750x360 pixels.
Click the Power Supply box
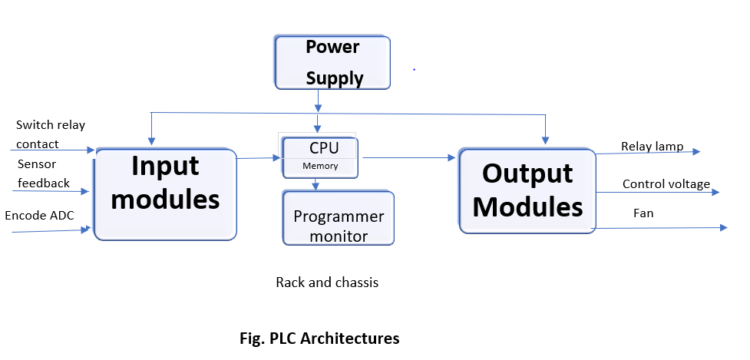click(x=333, y=62)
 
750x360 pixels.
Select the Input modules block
click(x=166, y=194)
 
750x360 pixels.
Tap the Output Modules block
click(x=527, y=191)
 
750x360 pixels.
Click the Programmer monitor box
click(x=339, y=218)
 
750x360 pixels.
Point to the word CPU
click(x=324, y=147)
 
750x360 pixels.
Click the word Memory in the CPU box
click(x=320, y=166)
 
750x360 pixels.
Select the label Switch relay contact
click(x=50, y=134)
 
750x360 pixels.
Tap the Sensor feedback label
click(x=44, y=173)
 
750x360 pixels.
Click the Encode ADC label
click(x=39, y=215)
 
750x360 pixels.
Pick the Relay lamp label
click(x=652, y=147)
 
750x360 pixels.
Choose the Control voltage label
click(x=666, y=184)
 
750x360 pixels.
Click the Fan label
click(x=643, y=213)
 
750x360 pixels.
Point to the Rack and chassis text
click(x=327, y=282)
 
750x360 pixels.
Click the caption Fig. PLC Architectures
click(x=319, y=338)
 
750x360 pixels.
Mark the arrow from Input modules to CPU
click(x=259, y=158)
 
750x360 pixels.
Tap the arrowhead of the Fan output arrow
click(x=724, y=227)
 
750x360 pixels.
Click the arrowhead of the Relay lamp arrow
click(x=696, y=151)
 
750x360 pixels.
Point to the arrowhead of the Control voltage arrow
click(x=715, y=192)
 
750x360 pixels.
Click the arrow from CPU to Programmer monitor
click(x=316, y=184)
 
